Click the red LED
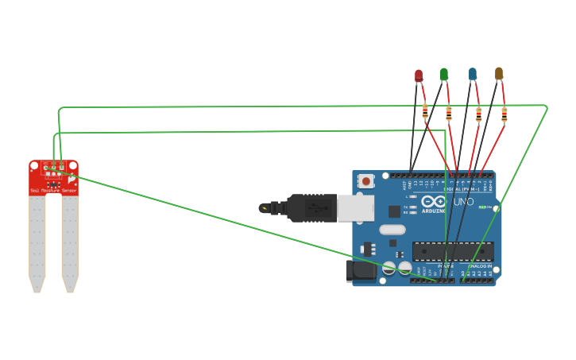pyautogui.click(x=419, y=75)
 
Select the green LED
pyautogui.click(x=443, y=74)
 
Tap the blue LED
pyautogui.click(x=473, y=74)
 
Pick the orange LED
pyautogui.click(x=499, y=73)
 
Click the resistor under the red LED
pyautogui.click(x=425, y=111)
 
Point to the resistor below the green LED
pyautogui.click(x=449, y=113)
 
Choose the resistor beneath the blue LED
pyautogui.click(x=478, y=114)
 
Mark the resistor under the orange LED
pyautogui.click(x=504, y=115)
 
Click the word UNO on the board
pyautogui.click(x=463, y=202)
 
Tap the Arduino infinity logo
pyautogui.click(x=433, y=201)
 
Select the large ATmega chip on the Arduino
pyautogui.click(x=452, y=251)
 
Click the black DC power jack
pyautogui.click(x=360, y=270)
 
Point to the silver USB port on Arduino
pyautogui.click(x=355, y=208)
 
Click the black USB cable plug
pyautogui.click(x=311, y=208)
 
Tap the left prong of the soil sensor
pyautogui.click(x=37, y=242)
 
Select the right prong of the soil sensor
pyautogui.click(x=70, y=242)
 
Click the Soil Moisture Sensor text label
pyautogui.click(x=53, y=191)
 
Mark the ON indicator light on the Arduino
pyautogui.click(x=482, y=207)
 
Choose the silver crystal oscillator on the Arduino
pyautogui.click(x=392, y=230)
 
